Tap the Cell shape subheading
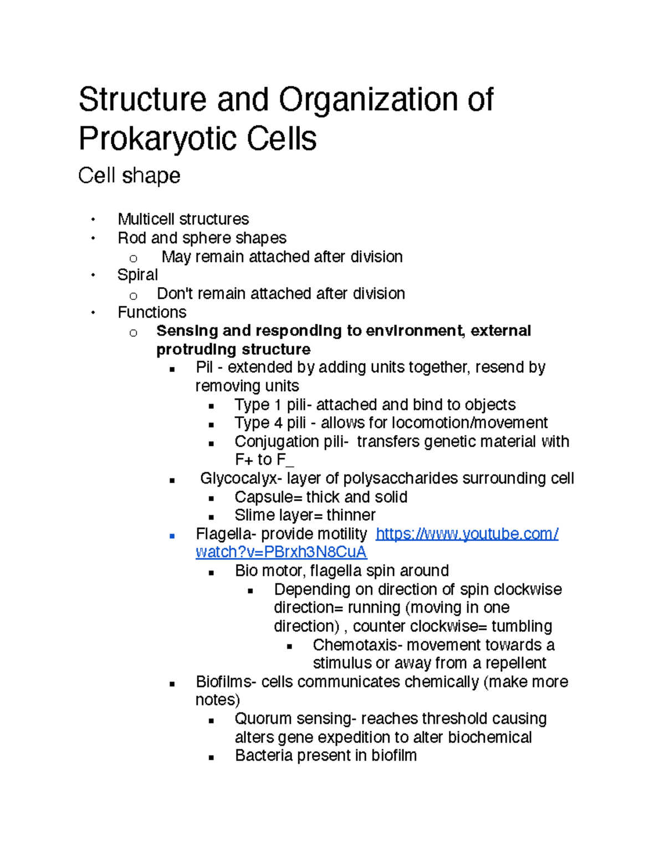129,176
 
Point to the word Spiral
137,275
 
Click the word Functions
152,312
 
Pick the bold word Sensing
187,331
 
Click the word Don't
175,293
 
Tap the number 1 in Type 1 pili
278,405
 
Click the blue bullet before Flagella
172,536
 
